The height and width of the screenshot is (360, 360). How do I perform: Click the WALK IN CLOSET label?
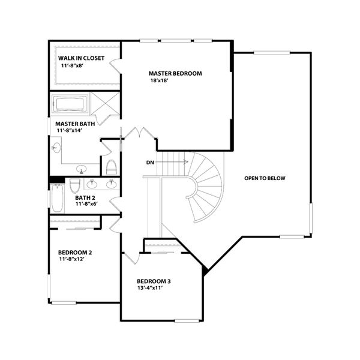coord(81,58)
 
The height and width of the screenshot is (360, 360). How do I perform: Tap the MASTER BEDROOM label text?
coord(175,73)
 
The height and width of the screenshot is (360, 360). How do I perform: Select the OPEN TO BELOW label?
coord(265,178)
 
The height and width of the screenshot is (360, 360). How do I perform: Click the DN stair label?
coord(150,162)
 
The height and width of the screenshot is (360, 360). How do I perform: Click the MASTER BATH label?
coord(76,123)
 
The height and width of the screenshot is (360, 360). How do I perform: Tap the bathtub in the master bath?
coord(70,104)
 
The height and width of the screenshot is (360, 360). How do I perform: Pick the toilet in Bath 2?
coord(75,185)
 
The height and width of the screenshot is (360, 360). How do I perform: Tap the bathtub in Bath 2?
coord(57,199)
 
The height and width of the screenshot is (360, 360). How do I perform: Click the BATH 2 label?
coord(85,197)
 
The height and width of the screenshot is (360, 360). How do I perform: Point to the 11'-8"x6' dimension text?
coord(88,204)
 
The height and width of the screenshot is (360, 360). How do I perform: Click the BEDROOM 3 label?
coord(154,281)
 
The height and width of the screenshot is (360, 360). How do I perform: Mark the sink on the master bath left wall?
coord(56,148)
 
